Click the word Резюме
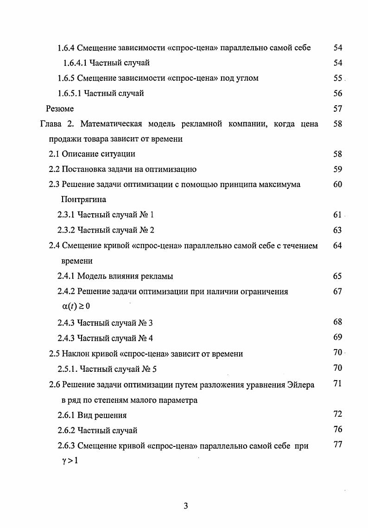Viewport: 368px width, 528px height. tap(60, 109)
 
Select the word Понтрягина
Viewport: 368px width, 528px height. tap(83, 200)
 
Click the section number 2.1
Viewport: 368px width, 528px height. tap(55, 154)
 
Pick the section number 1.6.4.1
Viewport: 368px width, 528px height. tap(74, 63)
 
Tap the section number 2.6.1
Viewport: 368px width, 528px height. tap(66, 415)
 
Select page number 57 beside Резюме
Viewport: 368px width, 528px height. tap(337, 109)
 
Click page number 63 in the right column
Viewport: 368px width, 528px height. tap(337, 230)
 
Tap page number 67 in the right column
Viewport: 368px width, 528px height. tap(337, 292)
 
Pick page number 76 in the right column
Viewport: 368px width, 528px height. tap(337, 430)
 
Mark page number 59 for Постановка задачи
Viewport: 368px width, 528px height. tap(337, 170)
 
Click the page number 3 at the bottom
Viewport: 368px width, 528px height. tap(185, 506)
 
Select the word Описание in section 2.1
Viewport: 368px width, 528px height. tap(82, 154)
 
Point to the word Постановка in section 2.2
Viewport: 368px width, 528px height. tap(85, 170)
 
